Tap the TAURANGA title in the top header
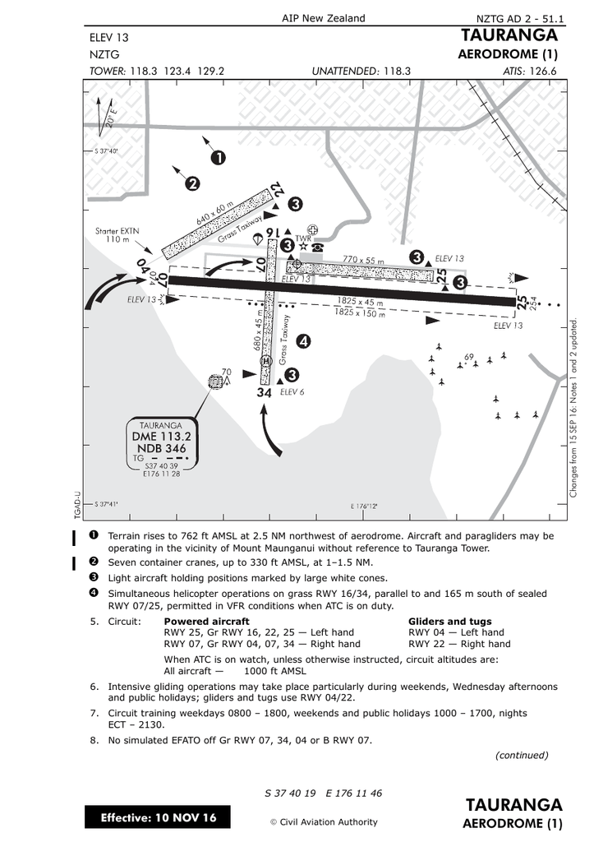coord(509,35)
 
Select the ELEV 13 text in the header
coord(108,37)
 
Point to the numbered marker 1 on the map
coord(219,156)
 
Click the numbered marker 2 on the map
coord(192,183)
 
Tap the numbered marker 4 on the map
coord(303,340)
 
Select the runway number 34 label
coord(264,393)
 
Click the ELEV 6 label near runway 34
coord(292,392)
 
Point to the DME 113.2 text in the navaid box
coord(161,436)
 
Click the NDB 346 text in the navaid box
coord(161,449)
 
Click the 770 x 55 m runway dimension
coord(363,261)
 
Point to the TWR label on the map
coord(302,238)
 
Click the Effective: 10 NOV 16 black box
coord(158,818)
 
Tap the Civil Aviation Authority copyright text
coord(324,821)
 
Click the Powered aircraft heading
coord(207,622)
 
